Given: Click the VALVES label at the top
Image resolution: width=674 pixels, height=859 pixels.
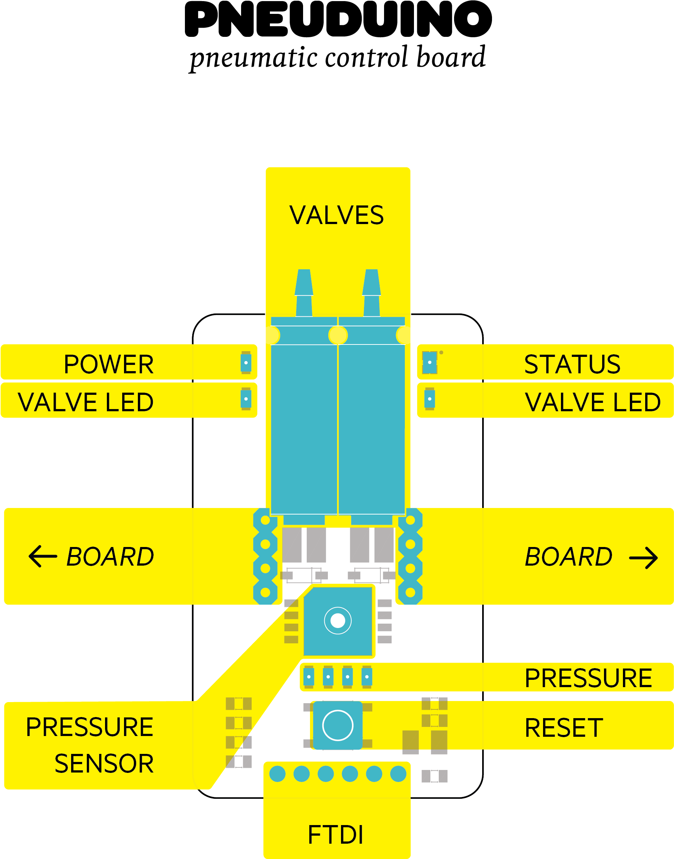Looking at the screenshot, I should point(336,216).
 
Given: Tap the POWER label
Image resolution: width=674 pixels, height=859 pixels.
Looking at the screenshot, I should point(109,364).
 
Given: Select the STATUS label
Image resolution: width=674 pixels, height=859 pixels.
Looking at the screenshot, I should point(572,364).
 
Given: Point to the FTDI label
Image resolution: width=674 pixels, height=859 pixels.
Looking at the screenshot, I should point(336,835).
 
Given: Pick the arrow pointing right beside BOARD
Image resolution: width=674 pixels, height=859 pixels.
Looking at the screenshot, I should point(643,558).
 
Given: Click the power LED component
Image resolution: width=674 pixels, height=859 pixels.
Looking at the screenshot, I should point(246,362).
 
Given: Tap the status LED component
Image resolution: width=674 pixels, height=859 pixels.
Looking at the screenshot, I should point(429,362).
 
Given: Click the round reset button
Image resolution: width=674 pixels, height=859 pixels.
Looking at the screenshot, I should point(337,725).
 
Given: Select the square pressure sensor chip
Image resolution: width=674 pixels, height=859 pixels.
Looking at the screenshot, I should point(338,621).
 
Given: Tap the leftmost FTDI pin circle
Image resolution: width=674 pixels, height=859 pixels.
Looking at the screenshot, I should point(278,774).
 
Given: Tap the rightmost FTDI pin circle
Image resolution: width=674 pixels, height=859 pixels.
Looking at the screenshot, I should point(398,774).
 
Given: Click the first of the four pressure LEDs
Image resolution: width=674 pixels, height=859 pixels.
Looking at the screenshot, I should point(309,677).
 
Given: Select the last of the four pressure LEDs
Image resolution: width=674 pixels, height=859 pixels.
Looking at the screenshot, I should point(367,677).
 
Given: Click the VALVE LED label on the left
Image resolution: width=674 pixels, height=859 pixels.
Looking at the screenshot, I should point(86,402).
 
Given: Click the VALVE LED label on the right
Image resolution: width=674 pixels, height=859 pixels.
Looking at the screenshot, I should point(592,402).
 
